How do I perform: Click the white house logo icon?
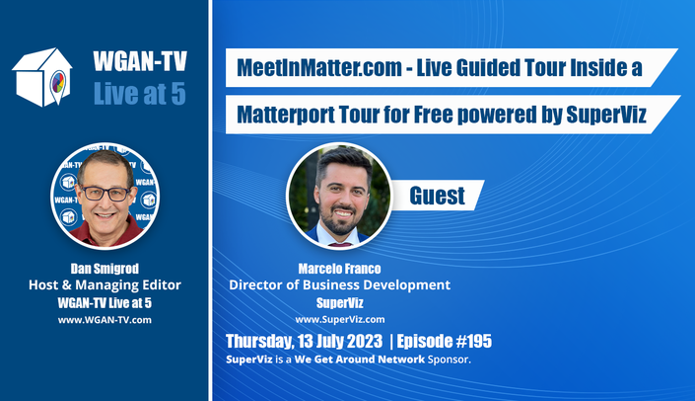[x=42, y=76]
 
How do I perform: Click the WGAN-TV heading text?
[x=140, y=61]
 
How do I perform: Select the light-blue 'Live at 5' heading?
[x=140, y=94]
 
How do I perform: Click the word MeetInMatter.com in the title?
[x=319, y=67]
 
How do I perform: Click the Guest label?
[x=437, y=196]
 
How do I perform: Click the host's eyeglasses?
[x=105, y=194]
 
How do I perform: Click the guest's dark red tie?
[x=340, y=244]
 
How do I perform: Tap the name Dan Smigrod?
[x=104, y=269]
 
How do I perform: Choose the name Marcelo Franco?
[x=339, y=269]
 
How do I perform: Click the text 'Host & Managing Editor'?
[x=104, y=284]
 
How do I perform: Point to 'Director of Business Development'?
[x=339, y=284]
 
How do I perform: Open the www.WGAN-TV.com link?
[x=104, y=320]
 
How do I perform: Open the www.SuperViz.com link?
[x=340, y=319]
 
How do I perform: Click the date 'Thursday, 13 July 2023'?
[x=304, y=341]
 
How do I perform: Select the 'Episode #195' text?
[x=445, y=341]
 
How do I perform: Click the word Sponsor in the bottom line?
[x=449, y=360]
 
